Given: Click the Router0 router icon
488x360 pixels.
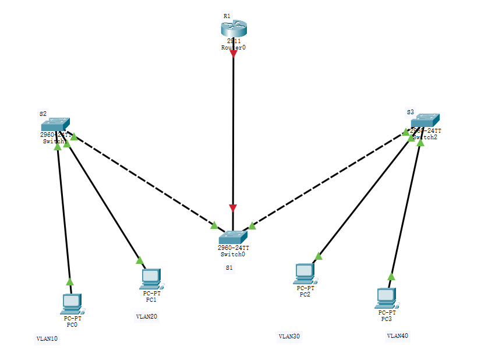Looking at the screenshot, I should pyautogui.click(x=234, y=29).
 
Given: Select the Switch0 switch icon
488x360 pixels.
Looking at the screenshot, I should pyautogui.click(x=234, y=237).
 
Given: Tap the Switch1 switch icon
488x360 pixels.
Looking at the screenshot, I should pyautogui.click(x=55, y=124).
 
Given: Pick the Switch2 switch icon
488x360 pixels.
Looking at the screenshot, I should pyautogui.click(x=425, y=121).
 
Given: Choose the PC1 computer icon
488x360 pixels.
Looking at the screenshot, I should pyautogui.click(x=151, y=278).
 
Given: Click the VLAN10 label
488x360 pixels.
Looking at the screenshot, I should pyautogui.click(x=47, y=338).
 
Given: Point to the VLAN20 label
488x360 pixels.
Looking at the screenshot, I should pyautogui.click(x=146, y=317).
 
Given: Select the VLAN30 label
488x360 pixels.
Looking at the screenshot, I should pyautogui.click(x=289, y=336).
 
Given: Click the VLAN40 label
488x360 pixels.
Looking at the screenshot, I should pyautogui.click(x=398, y=336).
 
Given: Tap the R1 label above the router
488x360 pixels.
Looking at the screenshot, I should pyautogui.click(x=227, y=16).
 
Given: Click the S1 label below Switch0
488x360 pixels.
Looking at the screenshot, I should pyautogui.click(x=229, y=267).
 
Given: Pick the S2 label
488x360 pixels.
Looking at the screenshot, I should pyautogui.click(x=43, y=113).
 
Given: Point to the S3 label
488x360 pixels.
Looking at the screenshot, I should pyautogui.click(x=410, y=111).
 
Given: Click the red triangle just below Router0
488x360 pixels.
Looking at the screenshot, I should pyautogui.click(x=234, y=54).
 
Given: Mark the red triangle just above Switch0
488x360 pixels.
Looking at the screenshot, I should pyautogui.click(x=233, y=208).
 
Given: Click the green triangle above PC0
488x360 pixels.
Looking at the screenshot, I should pyautogui.click(x=70, y=281).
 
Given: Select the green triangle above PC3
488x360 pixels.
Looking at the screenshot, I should pyautogui.click(x=391, y=277).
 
